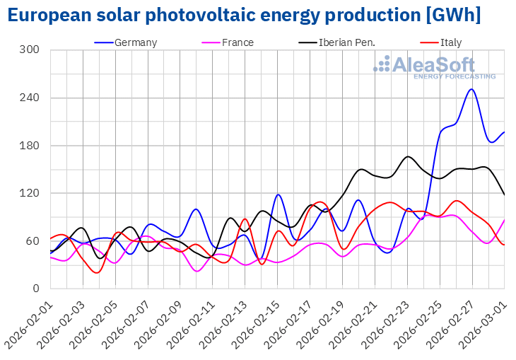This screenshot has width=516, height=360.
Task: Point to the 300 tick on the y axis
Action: point(30,50)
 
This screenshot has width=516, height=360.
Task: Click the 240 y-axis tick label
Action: point(30,98)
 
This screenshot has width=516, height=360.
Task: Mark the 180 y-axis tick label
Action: point(30,146)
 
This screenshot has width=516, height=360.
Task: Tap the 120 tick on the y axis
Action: point(30,193)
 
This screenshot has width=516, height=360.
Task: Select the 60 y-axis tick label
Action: point(33,241)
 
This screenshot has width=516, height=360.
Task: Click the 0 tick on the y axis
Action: point(36,289)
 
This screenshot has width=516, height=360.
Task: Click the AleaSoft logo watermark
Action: point(434,66)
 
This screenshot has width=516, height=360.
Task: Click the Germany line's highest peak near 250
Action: point(471,89)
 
